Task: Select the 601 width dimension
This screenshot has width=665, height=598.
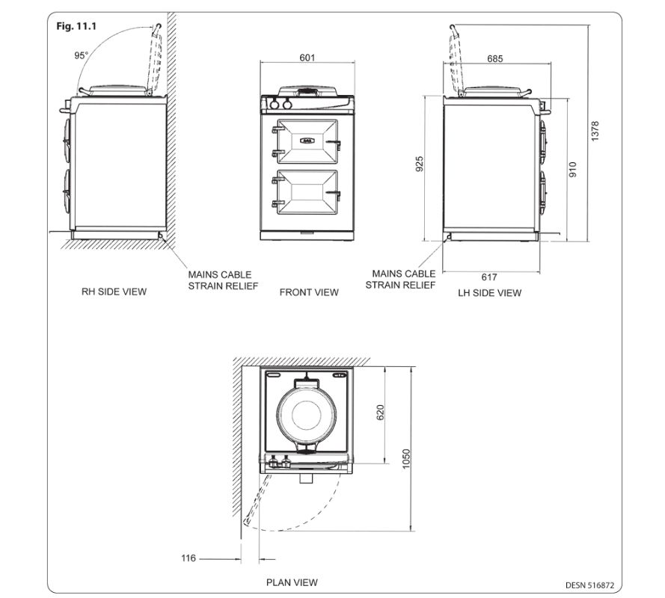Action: pos(307,58)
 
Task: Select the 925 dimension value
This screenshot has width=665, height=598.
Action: pos(420,165)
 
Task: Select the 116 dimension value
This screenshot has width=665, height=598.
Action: pos(190,558)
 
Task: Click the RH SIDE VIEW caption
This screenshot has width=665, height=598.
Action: pos(114,292)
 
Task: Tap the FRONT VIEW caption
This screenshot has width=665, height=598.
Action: pos(309,292)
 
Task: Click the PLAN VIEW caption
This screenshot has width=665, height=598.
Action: pos(292,582)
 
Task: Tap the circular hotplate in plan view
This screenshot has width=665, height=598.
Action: pos(307,413)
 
